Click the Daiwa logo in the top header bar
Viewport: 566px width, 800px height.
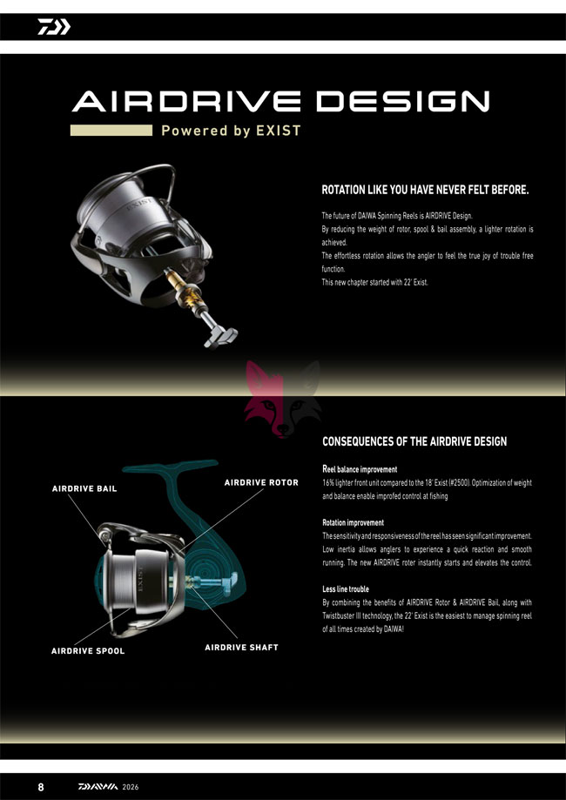pyautogui.click(x=54, y=26)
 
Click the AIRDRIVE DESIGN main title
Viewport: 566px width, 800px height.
pyautogui.click(x=280, y=101)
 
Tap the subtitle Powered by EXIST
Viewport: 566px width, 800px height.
pyautogui.click(x=232, y=131)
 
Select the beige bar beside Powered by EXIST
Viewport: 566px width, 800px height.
pyautogui.click(x=111, y=130)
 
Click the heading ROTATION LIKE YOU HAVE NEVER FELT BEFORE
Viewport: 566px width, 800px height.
pyautogui.click(x=425, y=191)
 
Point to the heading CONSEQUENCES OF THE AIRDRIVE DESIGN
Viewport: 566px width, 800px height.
pyautogui.click(x=414, y=441)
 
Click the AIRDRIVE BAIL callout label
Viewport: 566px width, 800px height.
pyautogui.click(x=84, y=488)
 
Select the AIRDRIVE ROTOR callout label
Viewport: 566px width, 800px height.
pyautogui.click(x=261, y=482)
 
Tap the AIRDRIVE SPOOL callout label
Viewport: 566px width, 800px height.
pyautogui.click(x=88, y=651)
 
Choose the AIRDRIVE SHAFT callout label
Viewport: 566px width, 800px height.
pyautogui.click(x=241, y=647)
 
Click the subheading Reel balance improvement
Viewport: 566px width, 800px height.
pyautogui.click(x=360, y=469)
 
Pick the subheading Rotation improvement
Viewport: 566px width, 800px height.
pyautogui.click(x=354, y=522)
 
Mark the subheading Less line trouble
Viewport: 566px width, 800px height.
pyautogui.click(x=346, y=588)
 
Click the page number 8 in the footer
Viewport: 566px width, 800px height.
pyautogui.click(x=41, y=786)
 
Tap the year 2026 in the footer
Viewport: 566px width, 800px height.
pyautogui.click(x=130, y=787)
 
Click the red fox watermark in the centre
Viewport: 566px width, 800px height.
pyautogui.click(x=283, y=399)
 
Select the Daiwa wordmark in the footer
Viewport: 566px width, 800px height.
pyautogui.click(x=98, y=787)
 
